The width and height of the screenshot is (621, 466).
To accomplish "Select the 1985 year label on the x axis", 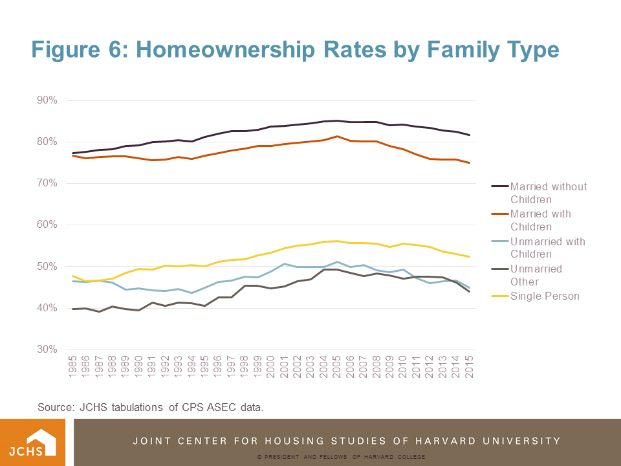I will pos(72,369).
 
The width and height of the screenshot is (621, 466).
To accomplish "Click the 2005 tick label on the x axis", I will pos(336,369).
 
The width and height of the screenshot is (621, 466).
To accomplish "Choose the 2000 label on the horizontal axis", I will pos(270,369).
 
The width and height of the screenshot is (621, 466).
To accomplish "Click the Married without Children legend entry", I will pos(548,193).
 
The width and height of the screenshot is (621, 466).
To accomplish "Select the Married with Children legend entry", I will pos(540,220).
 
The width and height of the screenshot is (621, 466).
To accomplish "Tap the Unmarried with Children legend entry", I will pos(547,248).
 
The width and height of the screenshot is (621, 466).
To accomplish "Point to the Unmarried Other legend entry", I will pos(536,275).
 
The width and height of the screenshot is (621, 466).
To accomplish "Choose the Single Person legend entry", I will pos(545,296).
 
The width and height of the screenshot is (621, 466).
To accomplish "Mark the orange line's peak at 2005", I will pos(336,137).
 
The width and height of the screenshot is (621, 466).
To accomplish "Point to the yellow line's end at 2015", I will pos(469,257).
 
